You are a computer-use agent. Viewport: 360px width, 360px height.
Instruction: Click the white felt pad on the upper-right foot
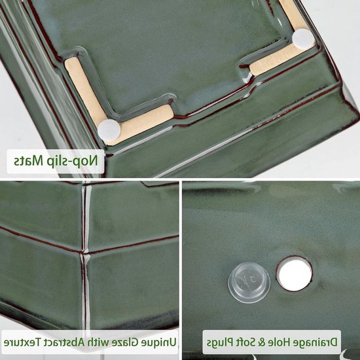304,39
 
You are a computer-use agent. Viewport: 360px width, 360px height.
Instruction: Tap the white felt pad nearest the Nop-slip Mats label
109,130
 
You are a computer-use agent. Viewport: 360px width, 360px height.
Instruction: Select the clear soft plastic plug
249,282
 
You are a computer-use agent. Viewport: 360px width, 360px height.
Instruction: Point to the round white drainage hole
294,274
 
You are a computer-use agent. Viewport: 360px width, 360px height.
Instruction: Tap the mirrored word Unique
162,342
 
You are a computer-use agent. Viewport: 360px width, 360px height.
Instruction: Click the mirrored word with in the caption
101,342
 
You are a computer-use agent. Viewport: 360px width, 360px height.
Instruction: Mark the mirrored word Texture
22,342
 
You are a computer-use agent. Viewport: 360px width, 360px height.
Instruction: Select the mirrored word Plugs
220,343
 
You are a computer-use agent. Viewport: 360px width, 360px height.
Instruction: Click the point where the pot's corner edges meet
83,252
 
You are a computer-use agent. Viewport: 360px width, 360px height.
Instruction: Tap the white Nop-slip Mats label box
56,161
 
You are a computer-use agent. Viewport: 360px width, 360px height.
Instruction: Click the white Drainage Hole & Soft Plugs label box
272,342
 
